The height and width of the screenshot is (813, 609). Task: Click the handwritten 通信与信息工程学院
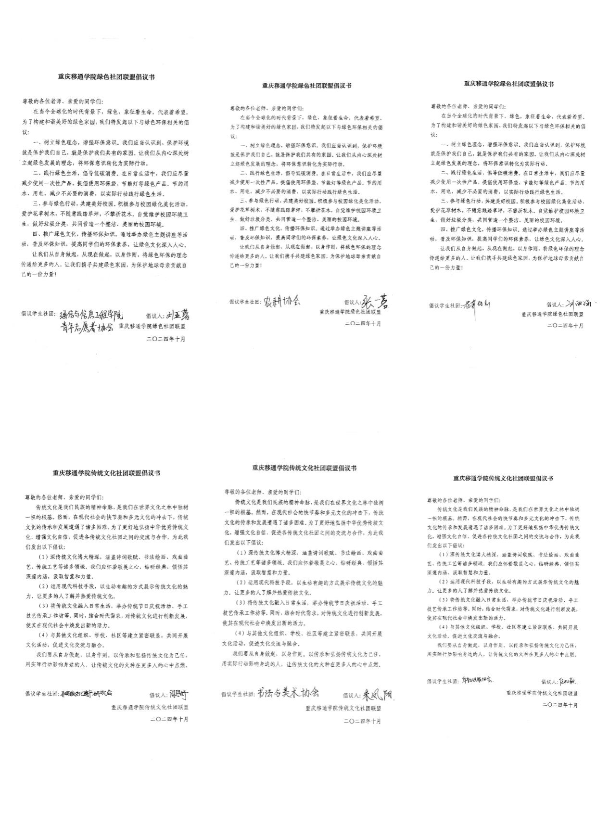point(91,316)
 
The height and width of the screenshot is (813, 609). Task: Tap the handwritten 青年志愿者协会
point(87,328)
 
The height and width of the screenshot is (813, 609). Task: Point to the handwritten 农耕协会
point(281,301)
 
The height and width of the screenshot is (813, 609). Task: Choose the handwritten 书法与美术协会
point(287,693)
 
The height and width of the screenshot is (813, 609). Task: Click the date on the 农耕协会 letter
point(363,324)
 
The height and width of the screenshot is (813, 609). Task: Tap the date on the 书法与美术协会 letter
point(363,721)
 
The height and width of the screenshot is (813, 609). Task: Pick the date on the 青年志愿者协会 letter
point(166,339)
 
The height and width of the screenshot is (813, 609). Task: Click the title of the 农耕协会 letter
point(306,86)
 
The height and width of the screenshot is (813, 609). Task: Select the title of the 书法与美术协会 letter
point(304,468)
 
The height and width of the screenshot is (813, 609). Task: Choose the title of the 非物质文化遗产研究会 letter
point(106,472)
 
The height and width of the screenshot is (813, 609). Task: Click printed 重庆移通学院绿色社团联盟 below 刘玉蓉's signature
point(152,326)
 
